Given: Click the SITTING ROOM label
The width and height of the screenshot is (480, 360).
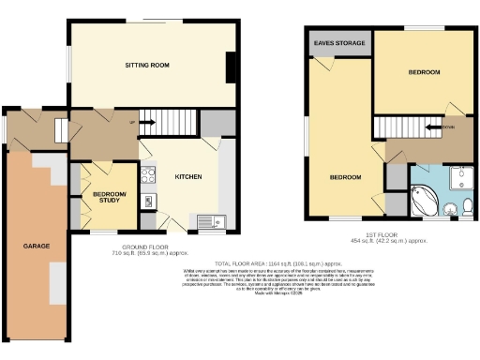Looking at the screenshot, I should coord(147,65).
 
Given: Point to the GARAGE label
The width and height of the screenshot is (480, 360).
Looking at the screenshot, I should coord(37,246).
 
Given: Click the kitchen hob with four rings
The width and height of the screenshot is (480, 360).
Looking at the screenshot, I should coord(148,173).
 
